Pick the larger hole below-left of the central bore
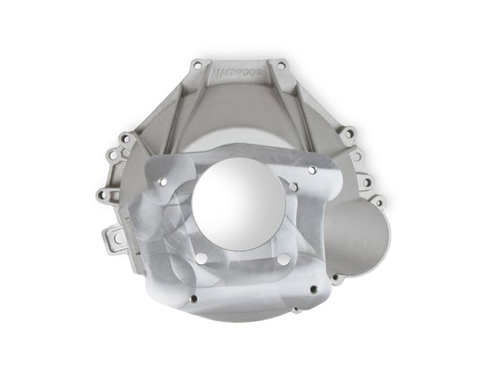click(x=201, y=258)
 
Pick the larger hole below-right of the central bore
click(x=284, y=259)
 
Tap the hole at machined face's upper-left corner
click(x=162, y=182)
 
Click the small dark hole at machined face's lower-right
click(x=313, y=289)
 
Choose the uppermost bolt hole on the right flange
click(x=349, y=132)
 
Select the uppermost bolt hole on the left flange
click(x=125, y=138)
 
